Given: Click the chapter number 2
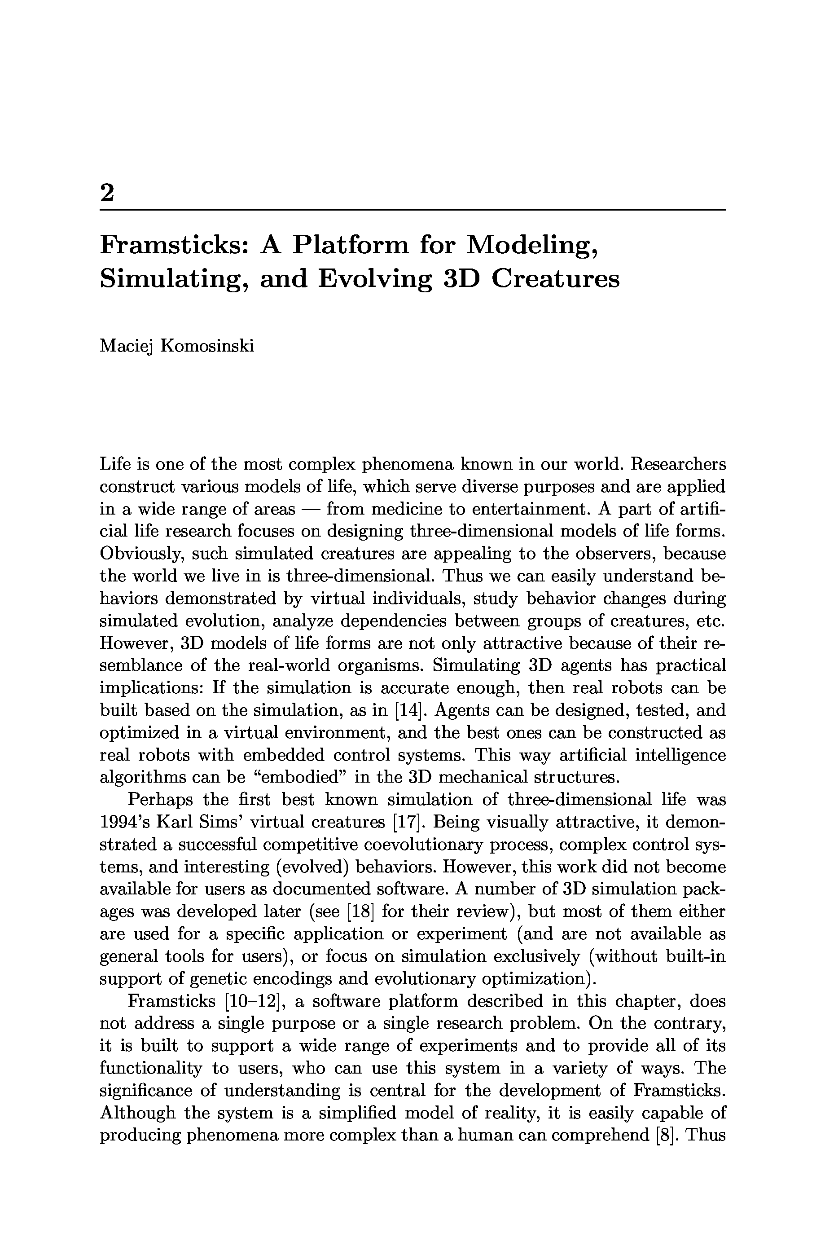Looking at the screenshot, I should click(x=107, y=193).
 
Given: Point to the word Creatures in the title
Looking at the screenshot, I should click(x=556, y=279).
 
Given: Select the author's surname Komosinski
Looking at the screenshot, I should click(x=207, y=346).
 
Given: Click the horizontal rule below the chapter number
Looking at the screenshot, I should click(x=412, y=210).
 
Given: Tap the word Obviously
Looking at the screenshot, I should click(x=140, y=554).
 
